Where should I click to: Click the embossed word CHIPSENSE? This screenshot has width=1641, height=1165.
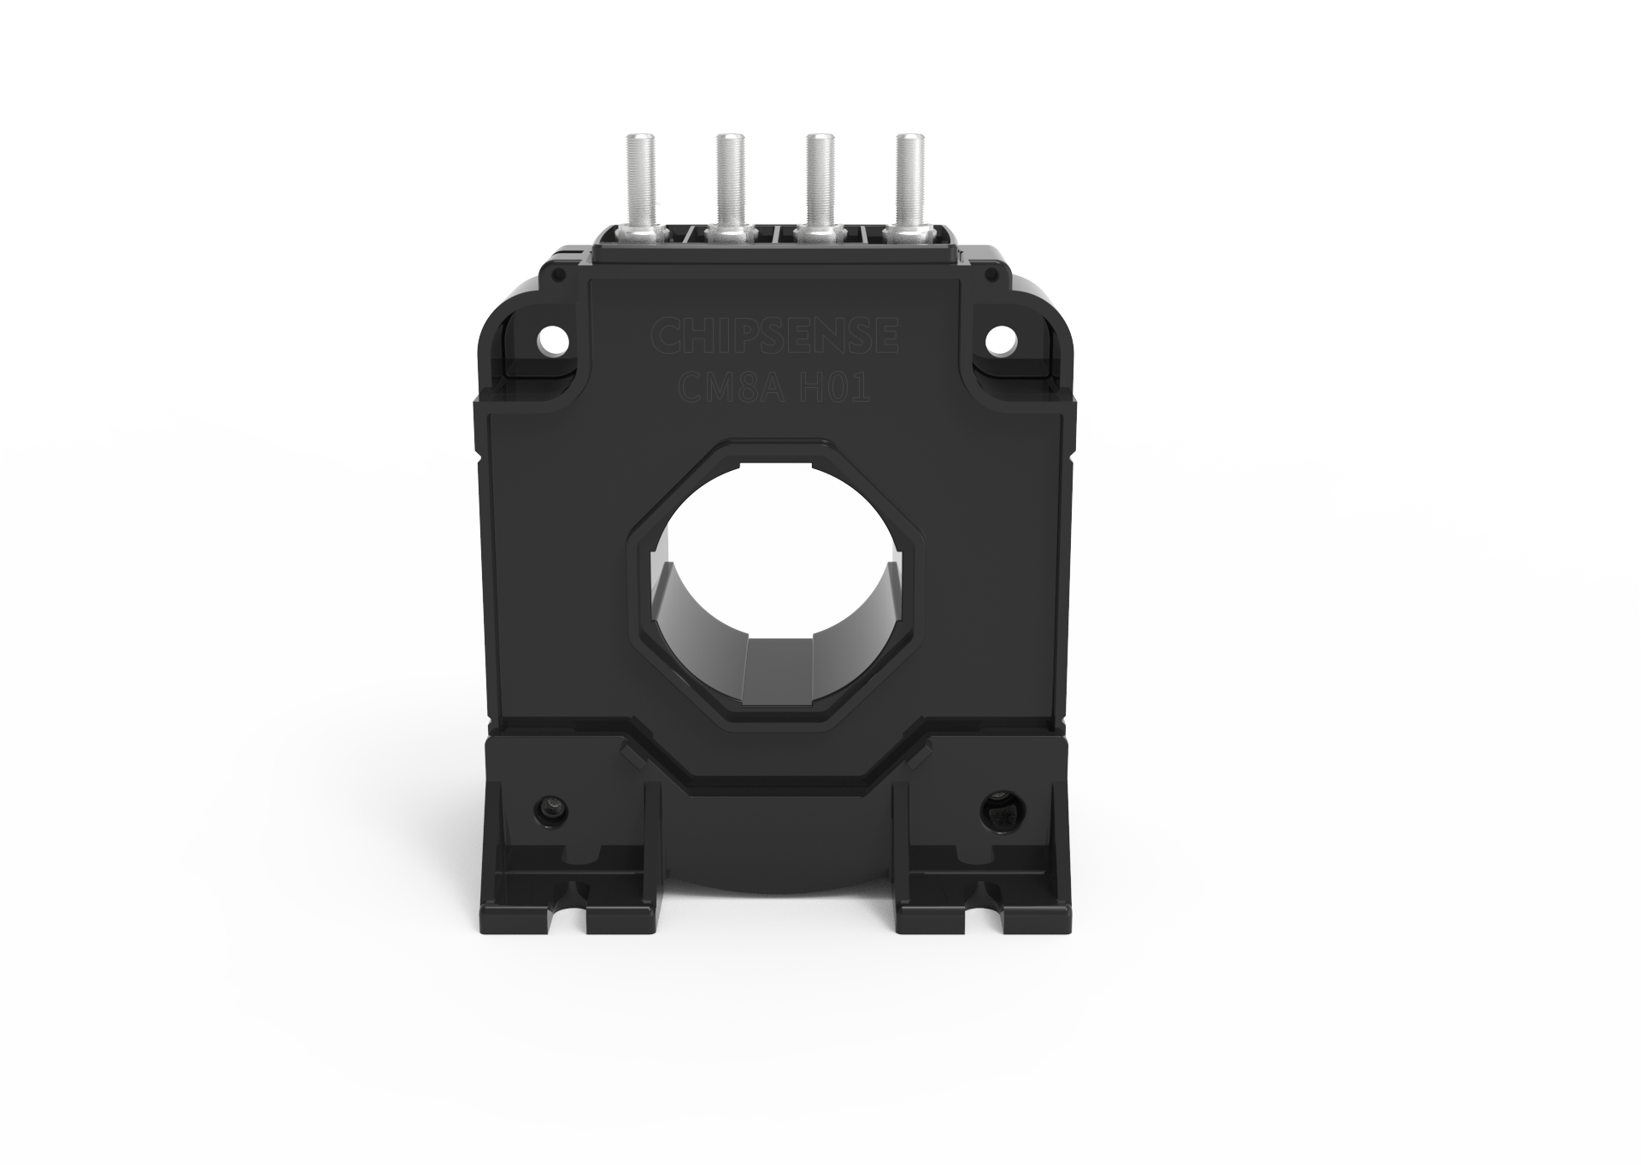coord(773,336)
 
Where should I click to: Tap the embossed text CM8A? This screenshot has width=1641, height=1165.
coord(723,389)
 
